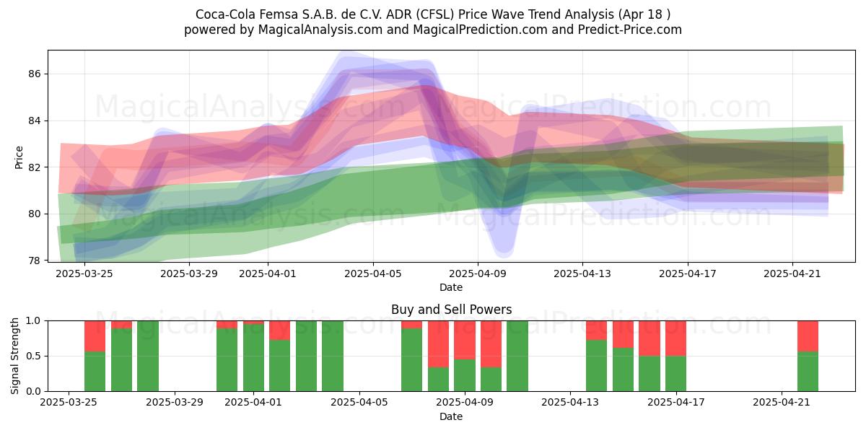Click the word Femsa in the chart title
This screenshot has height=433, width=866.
pos(278,14)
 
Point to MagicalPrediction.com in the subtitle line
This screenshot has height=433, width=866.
pos(480,30)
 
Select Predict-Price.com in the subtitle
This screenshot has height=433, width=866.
pos(630,30)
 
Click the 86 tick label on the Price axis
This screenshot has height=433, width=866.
pos(35,74)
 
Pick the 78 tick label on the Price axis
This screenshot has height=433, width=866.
pos(35,261)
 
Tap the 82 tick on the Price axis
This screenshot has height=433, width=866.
pos(35,167)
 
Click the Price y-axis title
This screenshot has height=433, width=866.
pos(19,157)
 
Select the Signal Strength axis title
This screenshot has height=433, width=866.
pos(14,356)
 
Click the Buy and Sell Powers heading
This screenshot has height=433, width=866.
pos(452,310)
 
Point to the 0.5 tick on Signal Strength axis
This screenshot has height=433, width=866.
pos(34,356)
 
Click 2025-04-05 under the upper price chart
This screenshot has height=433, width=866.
pos(373,274)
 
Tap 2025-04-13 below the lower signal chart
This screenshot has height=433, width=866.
pos(570,403)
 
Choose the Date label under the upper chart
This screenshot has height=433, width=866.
pos(451,287)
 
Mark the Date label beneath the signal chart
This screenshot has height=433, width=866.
pos(451,416)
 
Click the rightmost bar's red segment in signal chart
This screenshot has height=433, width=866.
pos(808,336)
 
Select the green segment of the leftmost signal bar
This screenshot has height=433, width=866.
pos(95,372)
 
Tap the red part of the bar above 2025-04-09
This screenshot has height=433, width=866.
pos(465,340)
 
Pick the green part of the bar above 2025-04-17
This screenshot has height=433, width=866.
pos(675,374)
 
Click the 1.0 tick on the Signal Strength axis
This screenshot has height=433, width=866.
pos(34,321)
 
